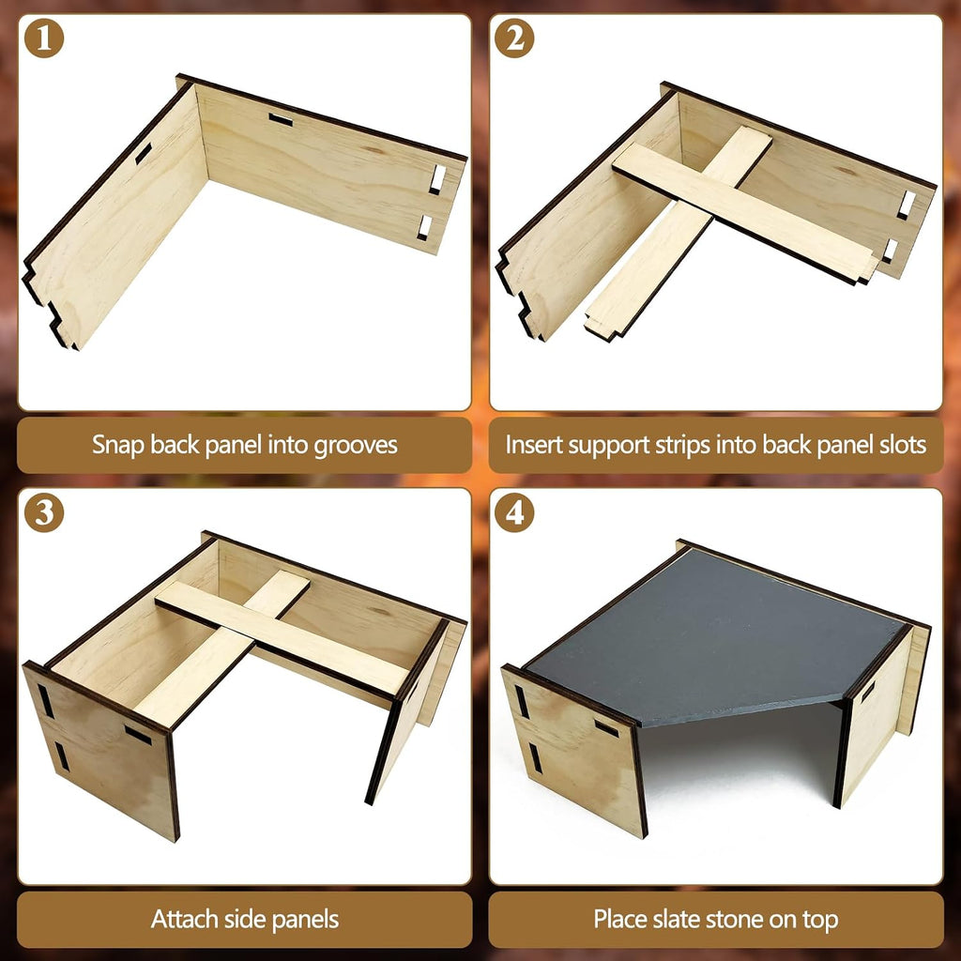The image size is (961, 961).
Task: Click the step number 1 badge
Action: click(x=44, y=38)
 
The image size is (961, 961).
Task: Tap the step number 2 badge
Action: click(x=514, y=38)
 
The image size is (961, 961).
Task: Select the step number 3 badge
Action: click(x=44, y=513)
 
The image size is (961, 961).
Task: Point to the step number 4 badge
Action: click(x=514, y=513)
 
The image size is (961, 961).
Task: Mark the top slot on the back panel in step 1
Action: click(x=281, y=120)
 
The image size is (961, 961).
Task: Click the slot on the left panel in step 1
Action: click(x=144, y=153)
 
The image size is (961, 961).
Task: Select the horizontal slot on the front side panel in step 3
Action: click(x=138, y=734)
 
